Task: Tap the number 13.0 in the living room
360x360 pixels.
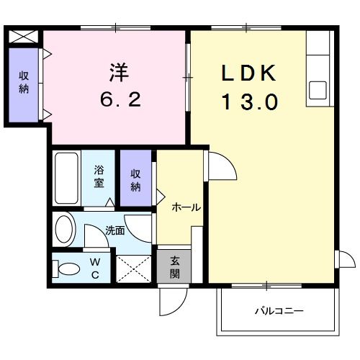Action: (x=248, y=103)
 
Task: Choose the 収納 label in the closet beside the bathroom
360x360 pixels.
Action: (x=136, y=179)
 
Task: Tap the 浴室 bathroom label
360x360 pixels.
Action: (x=99, y=177)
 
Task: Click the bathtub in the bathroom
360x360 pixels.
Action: (x=66, y=178)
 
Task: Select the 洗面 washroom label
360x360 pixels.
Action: (x=114, y=231)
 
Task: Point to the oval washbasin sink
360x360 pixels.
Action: (x=65, y=230)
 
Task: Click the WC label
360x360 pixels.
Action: (x=94, y=267)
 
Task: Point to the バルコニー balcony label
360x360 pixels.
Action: (x=279, y=312)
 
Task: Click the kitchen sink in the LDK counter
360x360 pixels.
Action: (x=318, y=91)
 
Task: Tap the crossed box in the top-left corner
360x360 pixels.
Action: (x=24, y=36)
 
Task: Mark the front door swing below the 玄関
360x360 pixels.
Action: (x=173, y=299)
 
